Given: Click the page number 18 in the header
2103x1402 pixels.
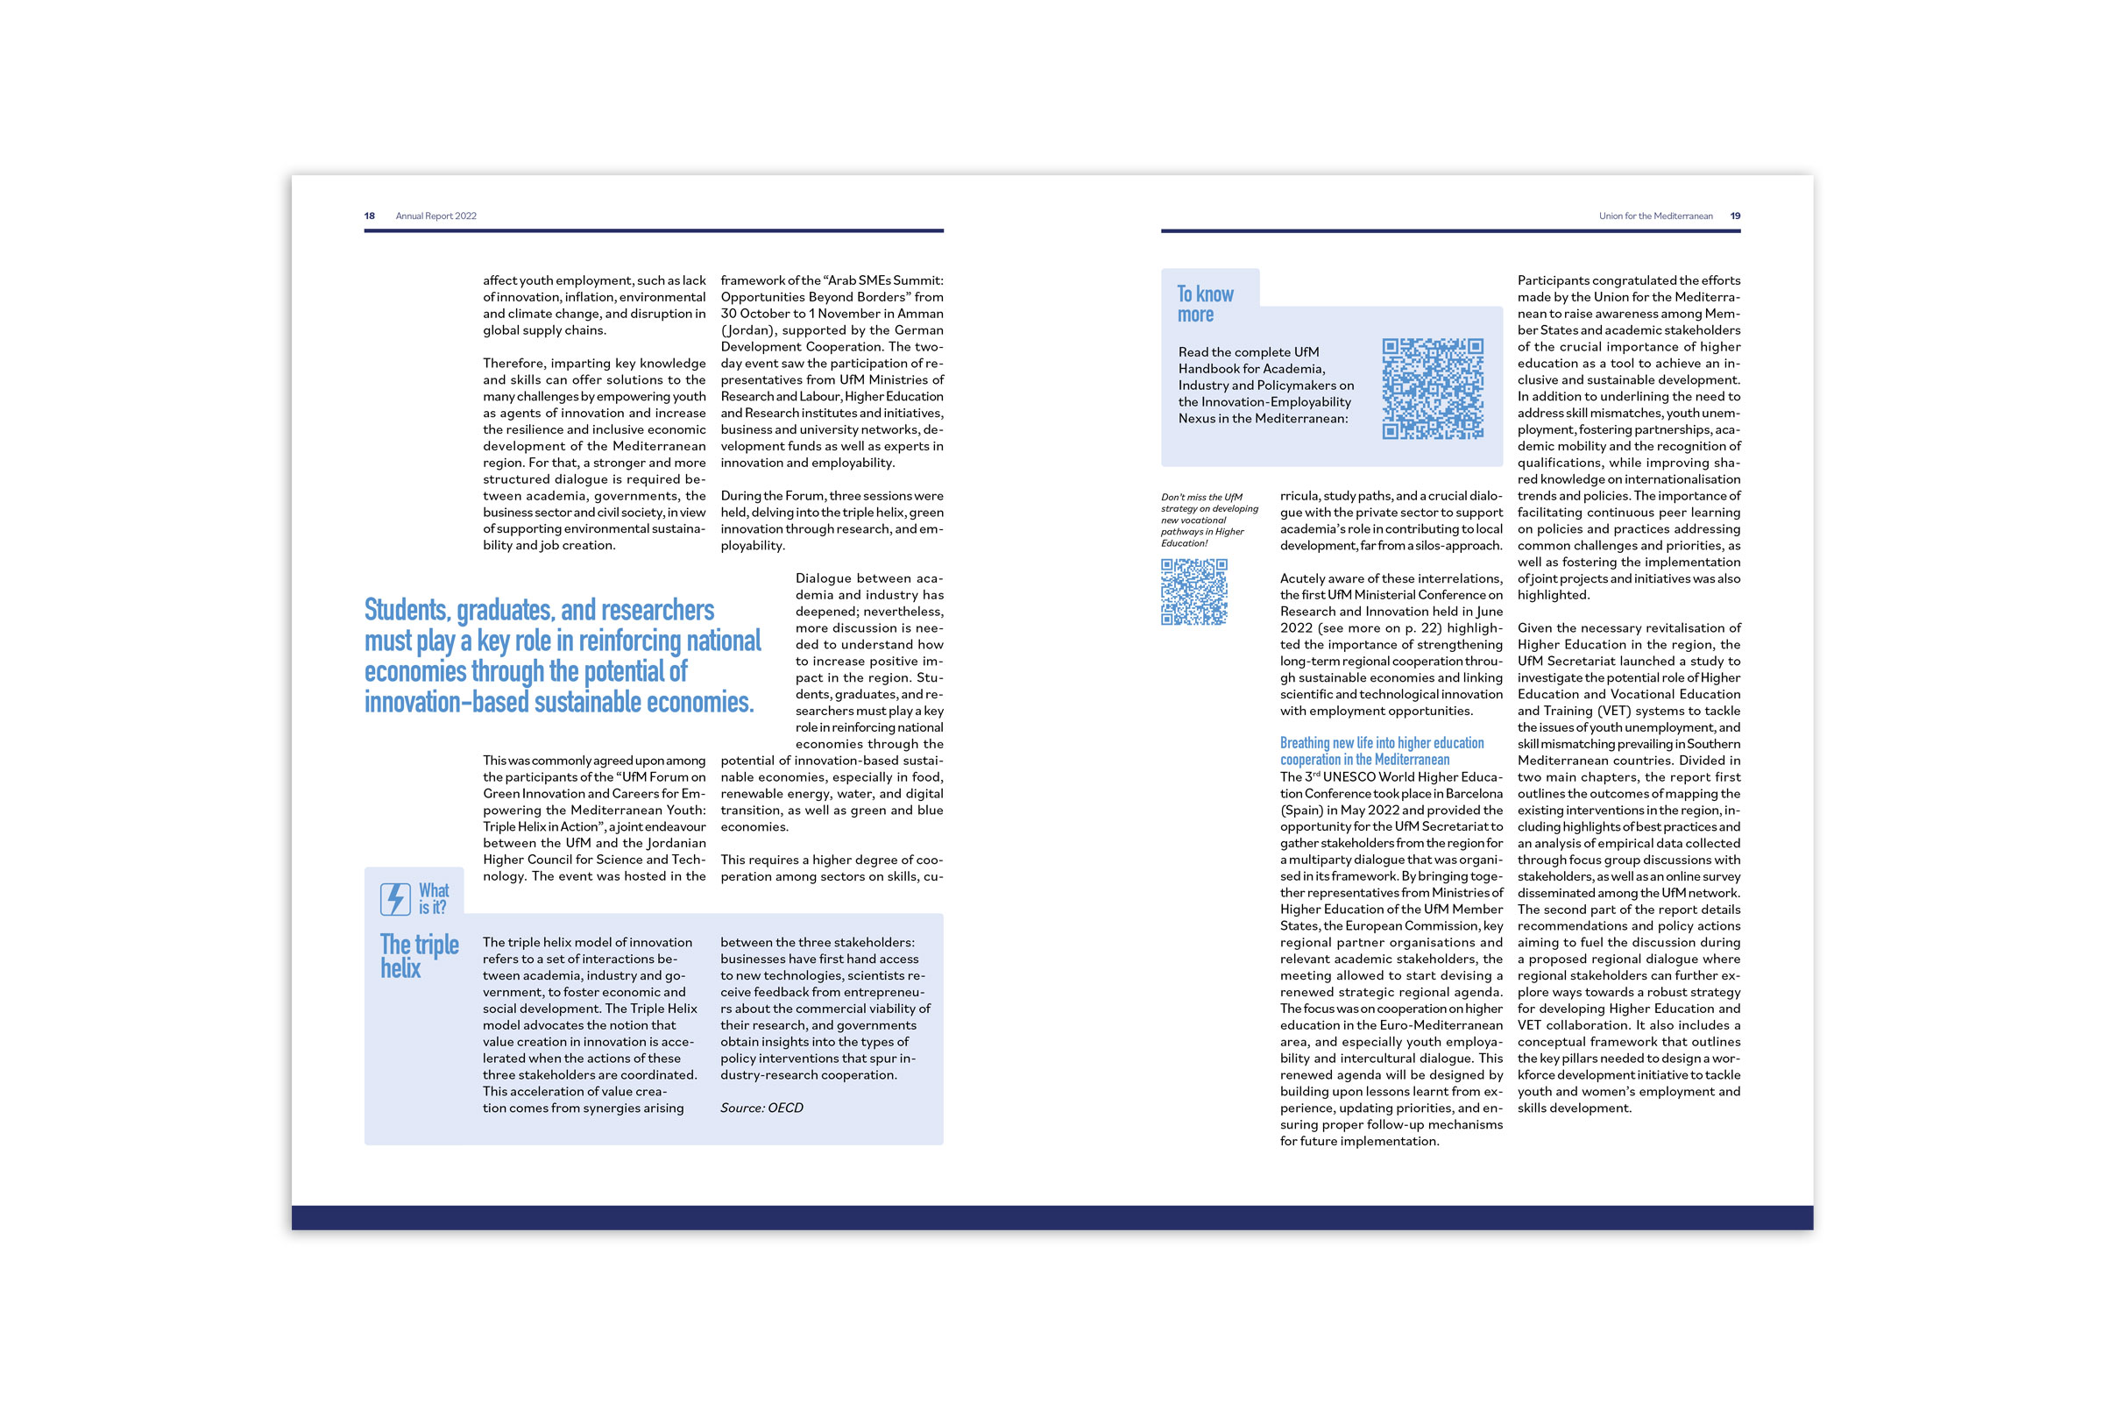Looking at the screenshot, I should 369,216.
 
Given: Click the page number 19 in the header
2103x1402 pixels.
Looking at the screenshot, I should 1735,216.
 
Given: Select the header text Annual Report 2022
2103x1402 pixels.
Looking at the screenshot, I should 436,216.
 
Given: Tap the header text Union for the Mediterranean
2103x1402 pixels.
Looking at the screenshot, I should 1655,216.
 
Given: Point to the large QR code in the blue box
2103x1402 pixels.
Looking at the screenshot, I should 1433,389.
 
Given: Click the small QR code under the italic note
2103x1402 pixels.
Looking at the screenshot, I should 1193,592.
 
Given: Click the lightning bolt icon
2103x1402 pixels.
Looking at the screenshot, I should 394,899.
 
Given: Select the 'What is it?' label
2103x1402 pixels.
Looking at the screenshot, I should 434,899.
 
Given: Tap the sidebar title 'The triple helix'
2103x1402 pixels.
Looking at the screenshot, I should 419,956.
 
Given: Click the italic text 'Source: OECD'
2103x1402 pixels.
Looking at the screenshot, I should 761,1108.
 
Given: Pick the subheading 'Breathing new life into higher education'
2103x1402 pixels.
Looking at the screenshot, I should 1382,743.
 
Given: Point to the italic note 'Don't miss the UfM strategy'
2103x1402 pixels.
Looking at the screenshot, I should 1208,520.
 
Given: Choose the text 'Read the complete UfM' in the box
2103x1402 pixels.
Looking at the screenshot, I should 1248,352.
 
